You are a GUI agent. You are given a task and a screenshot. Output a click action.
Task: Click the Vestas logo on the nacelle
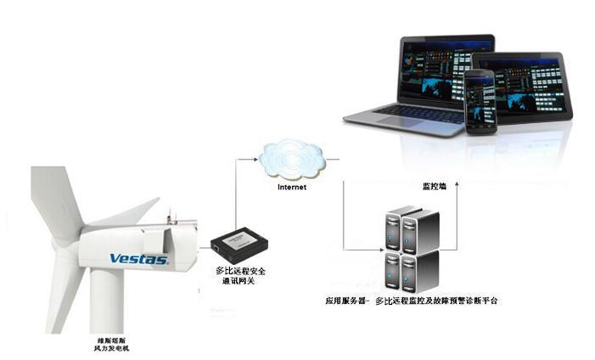click(x=138, y=258)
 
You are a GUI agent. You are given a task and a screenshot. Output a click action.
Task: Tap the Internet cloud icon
click(x=293, y=157)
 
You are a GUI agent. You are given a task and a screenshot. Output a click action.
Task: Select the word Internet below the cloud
click(x=293, y=187)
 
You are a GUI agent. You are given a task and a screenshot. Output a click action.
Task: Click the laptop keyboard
click(x=407, y=113)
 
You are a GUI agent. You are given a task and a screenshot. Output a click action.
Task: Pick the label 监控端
click(x=435, y=186)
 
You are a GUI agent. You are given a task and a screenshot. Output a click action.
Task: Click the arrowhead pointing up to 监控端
click(x=457, y=185)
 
